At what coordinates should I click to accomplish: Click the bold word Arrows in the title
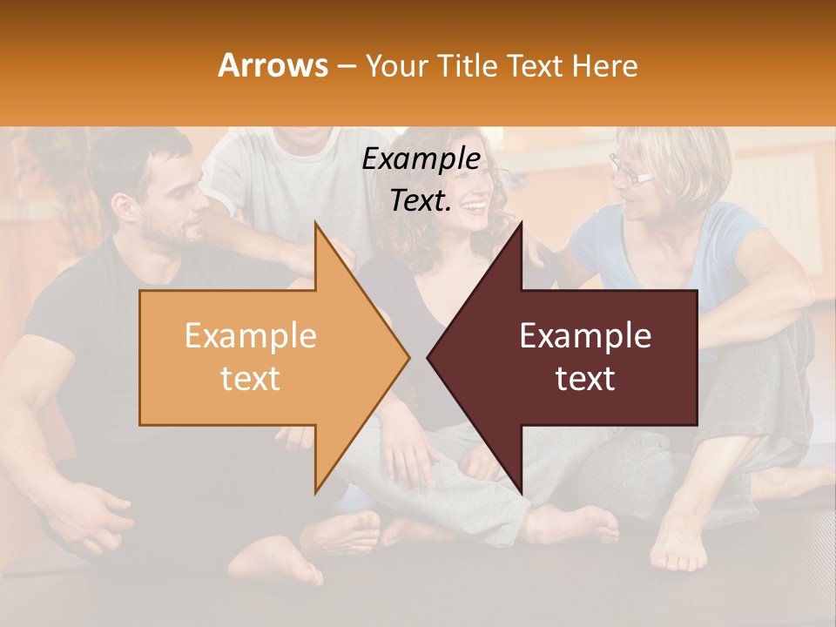pos(273,65)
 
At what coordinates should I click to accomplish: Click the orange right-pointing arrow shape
pos(261,357)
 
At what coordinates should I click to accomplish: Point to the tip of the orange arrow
pos(408,357)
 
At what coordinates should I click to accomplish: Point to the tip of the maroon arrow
pos(428,357)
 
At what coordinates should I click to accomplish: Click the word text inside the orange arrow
pos(250,379)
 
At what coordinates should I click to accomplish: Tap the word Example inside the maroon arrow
pos(585,335)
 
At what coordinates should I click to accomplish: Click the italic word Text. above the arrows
pos(421,201)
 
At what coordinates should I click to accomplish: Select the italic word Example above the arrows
pos(421,159)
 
